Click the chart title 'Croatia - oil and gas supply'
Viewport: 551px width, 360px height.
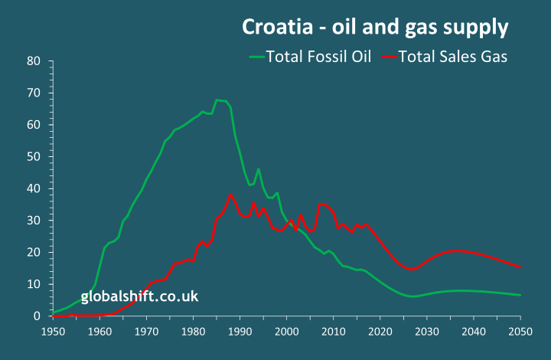[375, 27]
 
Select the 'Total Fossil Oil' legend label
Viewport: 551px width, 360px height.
[318, 56]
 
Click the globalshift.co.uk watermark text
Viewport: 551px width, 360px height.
[139, 296]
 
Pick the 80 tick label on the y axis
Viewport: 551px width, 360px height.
[33, 61]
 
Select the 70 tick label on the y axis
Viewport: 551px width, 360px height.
[33, 93]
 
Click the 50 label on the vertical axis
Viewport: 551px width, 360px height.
[33, 156]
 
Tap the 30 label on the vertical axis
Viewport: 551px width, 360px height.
[33, 221]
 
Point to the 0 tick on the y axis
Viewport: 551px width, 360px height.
[37, 316]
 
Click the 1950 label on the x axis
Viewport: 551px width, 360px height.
[52, 331]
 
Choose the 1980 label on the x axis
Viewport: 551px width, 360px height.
[193, 331]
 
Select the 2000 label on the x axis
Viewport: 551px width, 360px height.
[286, 331]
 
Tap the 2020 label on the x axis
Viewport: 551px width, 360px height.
[380, 331]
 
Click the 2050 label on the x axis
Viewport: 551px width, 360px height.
[520, 331]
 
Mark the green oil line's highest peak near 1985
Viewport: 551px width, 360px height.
[217, 100]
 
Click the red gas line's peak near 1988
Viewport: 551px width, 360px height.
[230, 195]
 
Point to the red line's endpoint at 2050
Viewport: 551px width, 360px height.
[520, 267]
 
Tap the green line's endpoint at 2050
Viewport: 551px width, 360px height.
[520, 295]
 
